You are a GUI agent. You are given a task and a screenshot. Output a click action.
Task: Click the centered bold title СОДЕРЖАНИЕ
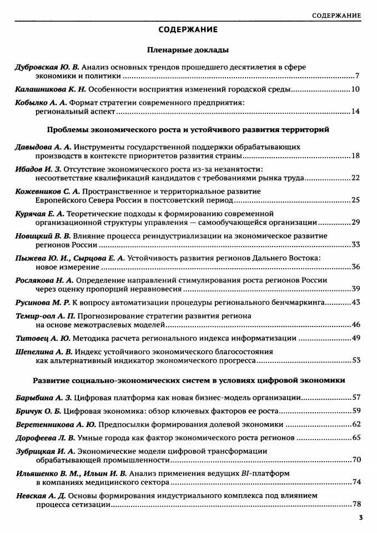click(x=188, y=29)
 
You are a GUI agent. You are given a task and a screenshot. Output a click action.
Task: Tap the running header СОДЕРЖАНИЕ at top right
click(x=336, y=14)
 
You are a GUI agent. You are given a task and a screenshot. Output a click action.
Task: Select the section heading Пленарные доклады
click(x=188, y=50)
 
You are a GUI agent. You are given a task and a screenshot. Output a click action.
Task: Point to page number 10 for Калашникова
click(x=356, y=89)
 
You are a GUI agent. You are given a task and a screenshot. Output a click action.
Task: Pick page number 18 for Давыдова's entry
click(x=356, y=155)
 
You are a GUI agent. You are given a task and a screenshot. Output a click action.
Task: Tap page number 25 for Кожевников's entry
click(x=356, y=200)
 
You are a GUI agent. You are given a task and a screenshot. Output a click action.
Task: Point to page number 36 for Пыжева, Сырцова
click(x=356, y=266)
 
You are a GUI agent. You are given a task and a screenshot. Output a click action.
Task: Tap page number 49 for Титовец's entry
click(x=356, y=338)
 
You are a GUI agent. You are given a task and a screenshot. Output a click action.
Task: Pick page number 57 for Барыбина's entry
click(x=356, y=398)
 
